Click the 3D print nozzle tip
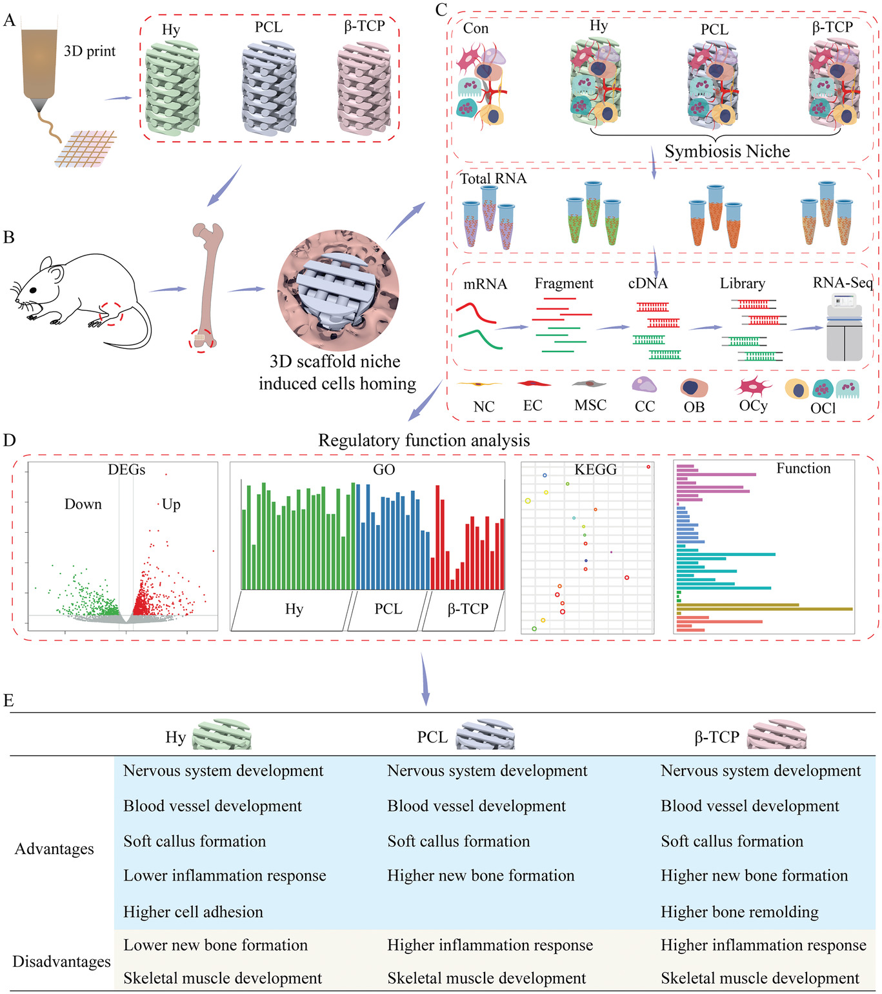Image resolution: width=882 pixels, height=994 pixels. pyautogui.click(x=41, y=106)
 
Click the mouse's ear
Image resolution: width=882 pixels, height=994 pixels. pyautogui.click(x=56, y=273)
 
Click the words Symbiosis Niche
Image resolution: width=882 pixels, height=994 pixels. pyautogui.click(x=727, y=152)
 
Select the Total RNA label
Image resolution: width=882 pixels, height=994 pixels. pyautogui.click(x=493, y=179)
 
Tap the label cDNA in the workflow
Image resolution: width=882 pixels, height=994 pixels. pyautogui.click(x=648, y=284)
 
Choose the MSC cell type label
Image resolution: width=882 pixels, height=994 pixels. pyautogui.click(x=590, y=405)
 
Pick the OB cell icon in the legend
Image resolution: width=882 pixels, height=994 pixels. pyautogui.click(x=694, y=388)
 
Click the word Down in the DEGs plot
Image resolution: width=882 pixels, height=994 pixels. pyautogui.click(x=83, y=504)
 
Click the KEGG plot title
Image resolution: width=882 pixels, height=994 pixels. pyautogui.click(x=596, y=470)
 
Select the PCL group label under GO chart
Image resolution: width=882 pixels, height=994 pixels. pyautogui.click(x=388, y=609)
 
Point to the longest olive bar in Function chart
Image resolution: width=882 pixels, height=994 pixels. pyautogui.click(x=765, y=608)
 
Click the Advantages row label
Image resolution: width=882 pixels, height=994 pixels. pyautogui.click(x=54, y=849)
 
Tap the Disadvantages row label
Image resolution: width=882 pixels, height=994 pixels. pyautogui.click(x=61, y=962)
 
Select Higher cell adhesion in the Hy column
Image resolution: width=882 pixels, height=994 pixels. pyautogui.click(x=194, y=912)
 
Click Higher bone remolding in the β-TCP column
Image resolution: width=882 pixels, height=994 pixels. pyautogui.click(x=739, y=912)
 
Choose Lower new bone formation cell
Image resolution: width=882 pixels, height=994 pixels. pyautogui.click(x=215, y=945)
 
